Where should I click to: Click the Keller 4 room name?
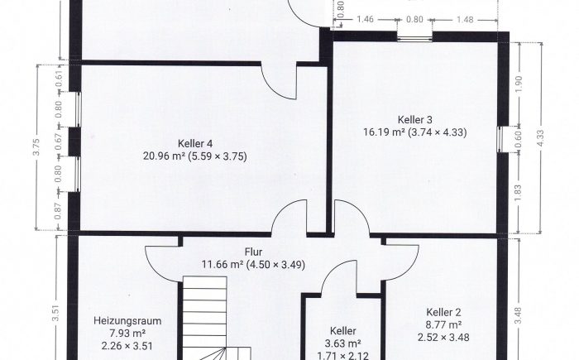(195, 143)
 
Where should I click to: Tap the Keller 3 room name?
(414, 120)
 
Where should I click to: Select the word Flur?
(253, 252)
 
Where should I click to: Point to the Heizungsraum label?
(127, 321)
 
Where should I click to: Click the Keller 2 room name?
(443, 312)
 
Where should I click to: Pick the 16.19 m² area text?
(384, 132)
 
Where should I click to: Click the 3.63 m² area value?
(342, 343)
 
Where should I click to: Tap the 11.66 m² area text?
(223, 265)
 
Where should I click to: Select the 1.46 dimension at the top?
(366, 19)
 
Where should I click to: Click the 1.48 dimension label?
(465, 19)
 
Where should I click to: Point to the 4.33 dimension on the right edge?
(540, 138)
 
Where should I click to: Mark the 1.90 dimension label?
(518, 84)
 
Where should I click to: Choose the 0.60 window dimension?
(518, 139)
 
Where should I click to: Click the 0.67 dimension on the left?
(59, 142)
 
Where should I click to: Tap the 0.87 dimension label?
(59, 211)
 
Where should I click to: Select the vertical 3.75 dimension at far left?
(36, 147)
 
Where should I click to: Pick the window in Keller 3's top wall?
(414, 37)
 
